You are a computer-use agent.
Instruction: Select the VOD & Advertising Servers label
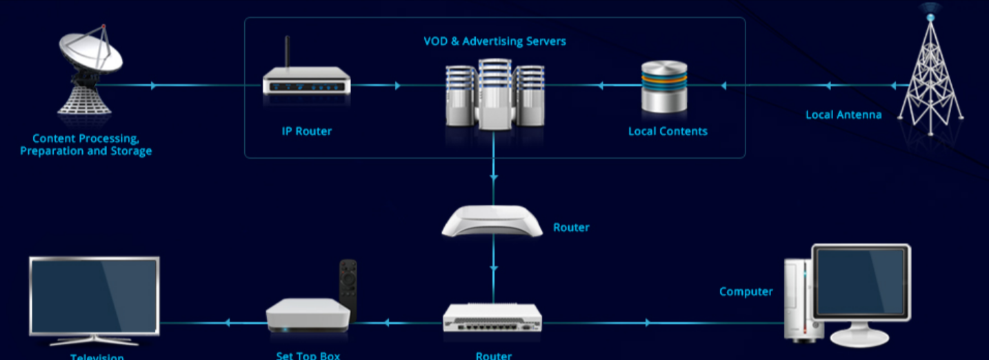tap(495, 41)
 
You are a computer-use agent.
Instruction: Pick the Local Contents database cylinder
tap(664, 86)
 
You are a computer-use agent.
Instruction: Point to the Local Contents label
tap(668, 131)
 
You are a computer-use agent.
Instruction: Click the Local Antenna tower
tap(931, 76)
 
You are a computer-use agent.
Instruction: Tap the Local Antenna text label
tap(843, 114)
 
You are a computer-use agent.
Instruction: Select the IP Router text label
tap(307, 131)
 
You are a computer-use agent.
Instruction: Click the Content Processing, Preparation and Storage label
tap(86, 145)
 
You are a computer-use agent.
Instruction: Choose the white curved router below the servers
tap(492, 221)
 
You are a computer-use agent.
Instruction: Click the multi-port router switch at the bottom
tap(492, 319)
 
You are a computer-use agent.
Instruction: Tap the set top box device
tap(308, 314)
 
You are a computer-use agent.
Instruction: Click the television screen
tap(94, 295)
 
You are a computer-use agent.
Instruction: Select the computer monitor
tap(861, 283)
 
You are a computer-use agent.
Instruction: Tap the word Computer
tap(746, 292)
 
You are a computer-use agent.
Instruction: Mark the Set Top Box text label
tap(308, 356)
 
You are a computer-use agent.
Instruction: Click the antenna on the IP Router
tap(288, 52)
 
